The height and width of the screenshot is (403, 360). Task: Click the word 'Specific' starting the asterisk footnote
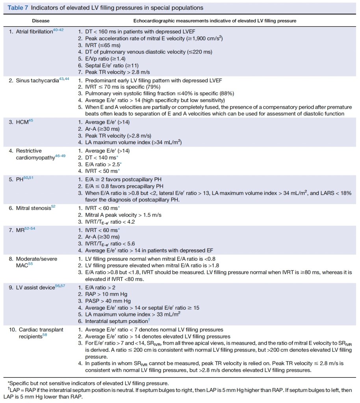click(x=19, y=383)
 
